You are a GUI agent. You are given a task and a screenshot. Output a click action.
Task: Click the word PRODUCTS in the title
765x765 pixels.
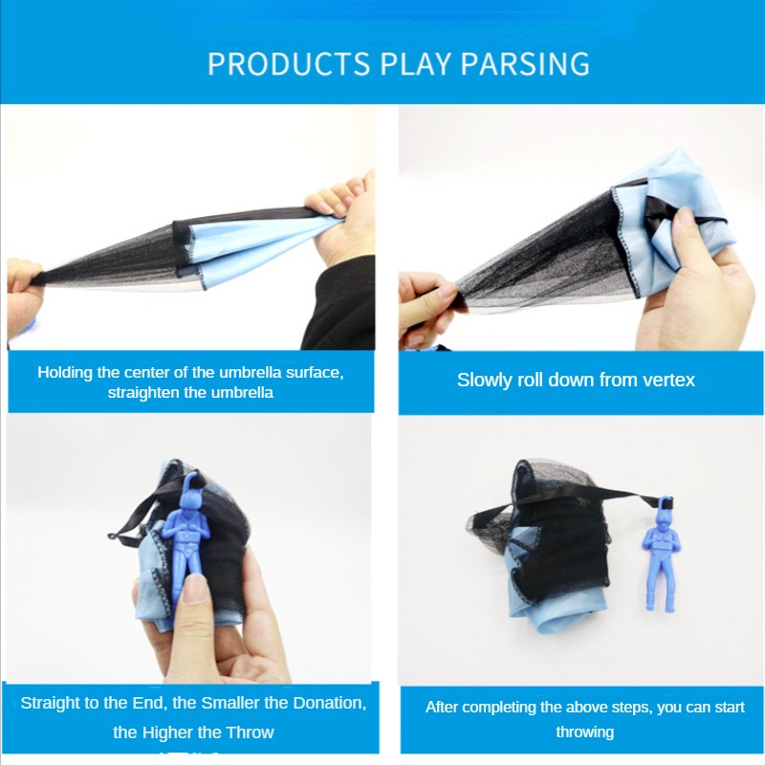pos(288,63)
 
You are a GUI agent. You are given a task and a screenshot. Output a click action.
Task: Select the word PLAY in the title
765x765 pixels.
pos(415,63)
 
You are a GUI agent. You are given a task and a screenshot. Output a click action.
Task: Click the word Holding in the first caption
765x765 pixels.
pos(65,372)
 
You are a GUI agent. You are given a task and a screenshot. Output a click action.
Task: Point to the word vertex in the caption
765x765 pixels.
pos(667,380)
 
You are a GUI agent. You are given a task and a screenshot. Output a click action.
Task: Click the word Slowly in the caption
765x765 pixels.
pos(486,380)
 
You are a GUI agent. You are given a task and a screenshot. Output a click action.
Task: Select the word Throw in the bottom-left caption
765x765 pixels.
pos(251,732)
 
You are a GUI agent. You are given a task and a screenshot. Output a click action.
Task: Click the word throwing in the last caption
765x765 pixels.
pos(584,732)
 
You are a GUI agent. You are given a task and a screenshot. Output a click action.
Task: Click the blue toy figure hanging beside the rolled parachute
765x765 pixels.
pos(660,555)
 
